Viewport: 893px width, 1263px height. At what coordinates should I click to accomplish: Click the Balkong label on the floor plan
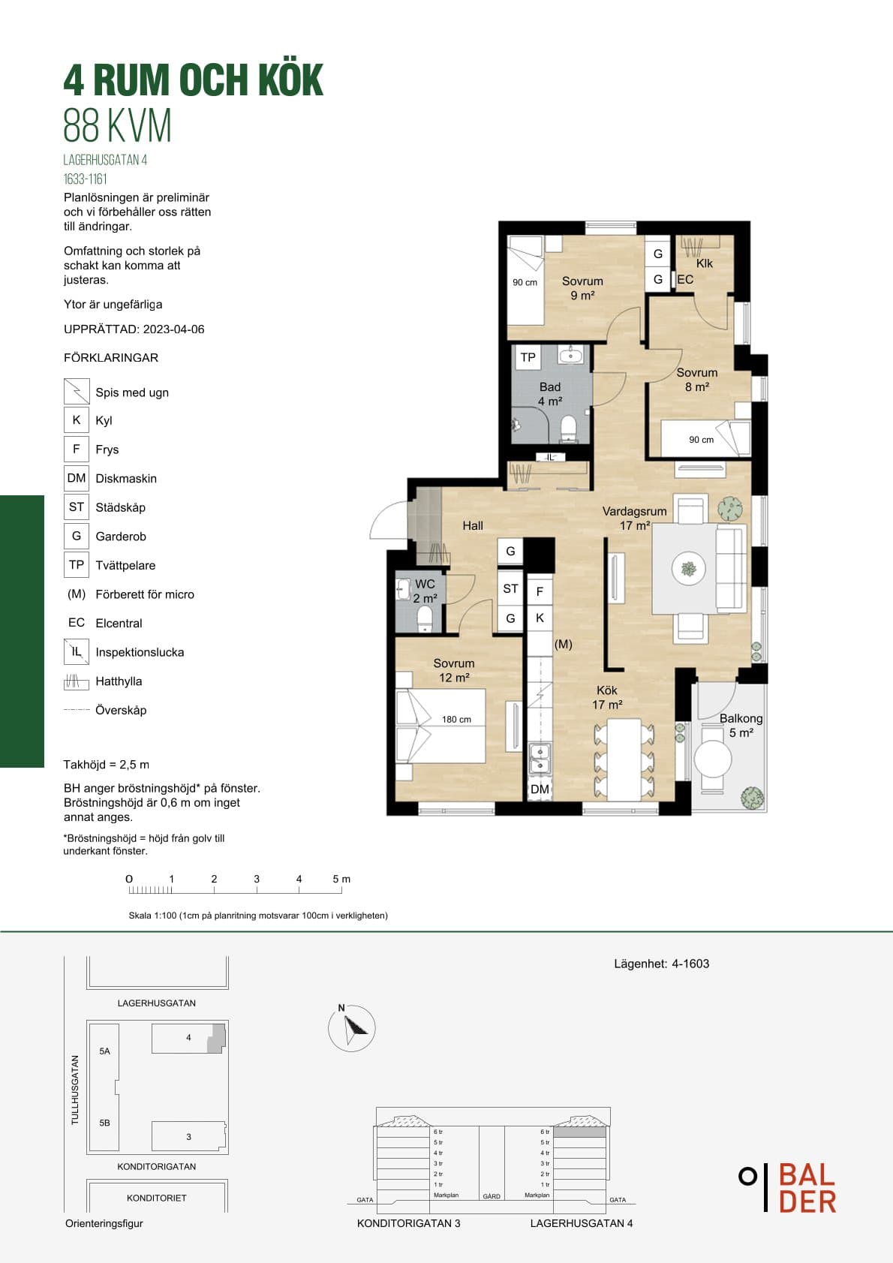[x=741, y=718]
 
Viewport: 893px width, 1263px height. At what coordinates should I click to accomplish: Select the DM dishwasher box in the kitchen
[x=540, y=789]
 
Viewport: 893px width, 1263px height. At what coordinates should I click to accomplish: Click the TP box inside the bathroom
[x=528, y=357]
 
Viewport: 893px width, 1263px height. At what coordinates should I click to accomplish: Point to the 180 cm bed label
[x=456, y=720]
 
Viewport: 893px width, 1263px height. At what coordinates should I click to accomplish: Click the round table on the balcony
[x=713, y=759]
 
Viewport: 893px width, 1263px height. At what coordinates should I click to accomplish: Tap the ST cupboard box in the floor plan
[x=510, y=588]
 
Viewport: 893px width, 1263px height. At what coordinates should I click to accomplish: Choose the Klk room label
[x=704, y=263]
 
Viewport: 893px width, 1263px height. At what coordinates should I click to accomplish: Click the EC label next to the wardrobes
[x=685, y=280]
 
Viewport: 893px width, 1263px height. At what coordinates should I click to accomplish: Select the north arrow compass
[x=352, y=1028]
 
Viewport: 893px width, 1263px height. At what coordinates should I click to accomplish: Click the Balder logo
[x=788, y=1187]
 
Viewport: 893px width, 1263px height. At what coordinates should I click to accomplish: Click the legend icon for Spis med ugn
[x=77, y=391]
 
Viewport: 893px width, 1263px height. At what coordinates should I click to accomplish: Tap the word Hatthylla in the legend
[x=119, y=681]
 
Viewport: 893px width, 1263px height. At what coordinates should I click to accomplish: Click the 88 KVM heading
[x=117, y=125]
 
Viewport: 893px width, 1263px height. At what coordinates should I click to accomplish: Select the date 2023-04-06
[x=173, y=329]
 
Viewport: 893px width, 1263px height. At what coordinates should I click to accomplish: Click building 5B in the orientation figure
[x=105, y=1123]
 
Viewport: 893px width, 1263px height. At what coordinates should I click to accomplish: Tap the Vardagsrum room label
[x=634, y=511]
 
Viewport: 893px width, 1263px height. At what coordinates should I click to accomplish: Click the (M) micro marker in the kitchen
[x=564, y=644]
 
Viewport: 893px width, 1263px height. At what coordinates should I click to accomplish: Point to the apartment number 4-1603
[x=690, y=964]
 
